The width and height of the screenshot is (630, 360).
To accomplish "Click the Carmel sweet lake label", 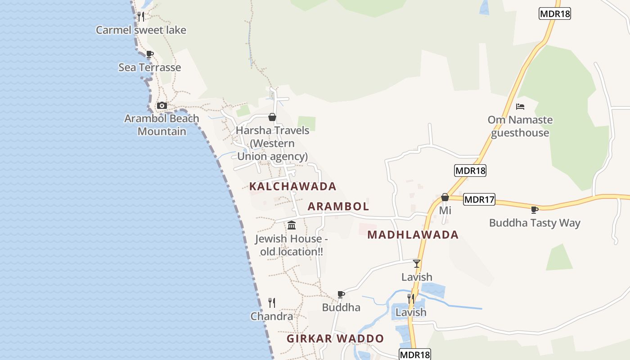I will [x=141, y=30].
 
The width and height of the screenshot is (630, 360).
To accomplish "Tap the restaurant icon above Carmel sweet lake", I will [x=141, y=17].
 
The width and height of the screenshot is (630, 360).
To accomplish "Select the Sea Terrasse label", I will [x=149, y=67].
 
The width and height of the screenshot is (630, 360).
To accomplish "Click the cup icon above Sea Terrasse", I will [x=149, y=54].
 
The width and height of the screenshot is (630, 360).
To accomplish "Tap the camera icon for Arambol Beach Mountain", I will [x=162, y=106].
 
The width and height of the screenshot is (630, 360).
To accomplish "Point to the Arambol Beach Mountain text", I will [x=162, y=125].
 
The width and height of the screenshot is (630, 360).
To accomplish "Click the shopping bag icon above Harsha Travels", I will [x=272, y=117].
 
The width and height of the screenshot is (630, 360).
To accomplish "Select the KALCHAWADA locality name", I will [x=293, y=186].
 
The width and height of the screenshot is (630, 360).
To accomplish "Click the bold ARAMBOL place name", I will [x=338, y=207].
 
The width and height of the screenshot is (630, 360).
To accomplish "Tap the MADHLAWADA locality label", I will [x=413, y=234].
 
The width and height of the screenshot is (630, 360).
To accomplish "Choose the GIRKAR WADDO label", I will [x=336, y=338].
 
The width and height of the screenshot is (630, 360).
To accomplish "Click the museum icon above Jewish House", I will [x=292, y=225].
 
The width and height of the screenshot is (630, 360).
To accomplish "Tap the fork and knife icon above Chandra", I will [x=272, y=302].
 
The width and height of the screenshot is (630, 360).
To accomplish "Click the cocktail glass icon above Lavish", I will [x=417, y=264].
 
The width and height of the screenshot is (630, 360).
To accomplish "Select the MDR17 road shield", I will [x=479, y=199].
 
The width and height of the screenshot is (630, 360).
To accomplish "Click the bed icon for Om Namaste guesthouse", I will [x=520, y=107].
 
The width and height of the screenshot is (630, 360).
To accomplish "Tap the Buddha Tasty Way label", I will [x=535, y=223].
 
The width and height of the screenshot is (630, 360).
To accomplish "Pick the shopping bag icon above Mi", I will [x=445, y=197].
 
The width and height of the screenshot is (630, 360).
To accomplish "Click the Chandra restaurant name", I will [x=272, y=316].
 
